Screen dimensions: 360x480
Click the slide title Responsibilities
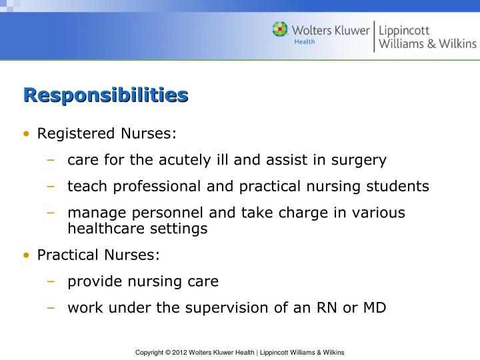point(105,95)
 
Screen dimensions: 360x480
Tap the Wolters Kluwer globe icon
point(280,30)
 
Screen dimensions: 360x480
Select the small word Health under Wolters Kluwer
point(305,41)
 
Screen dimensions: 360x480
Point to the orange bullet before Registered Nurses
point(26,134)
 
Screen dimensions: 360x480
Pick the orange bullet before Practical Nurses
point(26,255)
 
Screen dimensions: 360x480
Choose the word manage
point(93,213)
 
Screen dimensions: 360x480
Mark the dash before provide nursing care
point(51,281)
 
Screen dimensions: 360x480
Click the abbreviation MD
point(373,308)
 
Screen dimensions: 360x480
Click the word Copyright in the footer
point(151,352)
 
